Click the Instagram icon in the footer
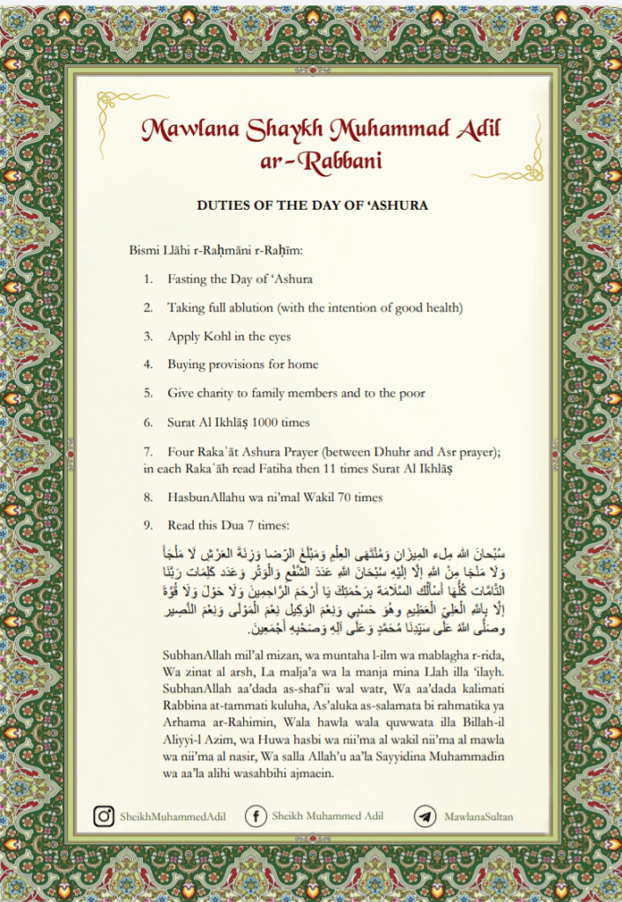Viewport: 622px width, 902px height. click(105, 817)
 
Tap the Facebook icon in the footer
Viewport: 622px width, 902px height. click(256, 817)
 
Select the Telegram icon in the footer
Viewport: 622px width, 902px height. click(426, 817)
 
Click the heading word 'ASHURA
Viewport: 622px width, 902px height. click(393, 205)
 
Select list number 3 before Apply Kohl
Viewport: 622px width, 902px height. click(148, 336)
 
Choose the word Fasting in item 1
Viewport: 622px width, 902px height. click(187, 279)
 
